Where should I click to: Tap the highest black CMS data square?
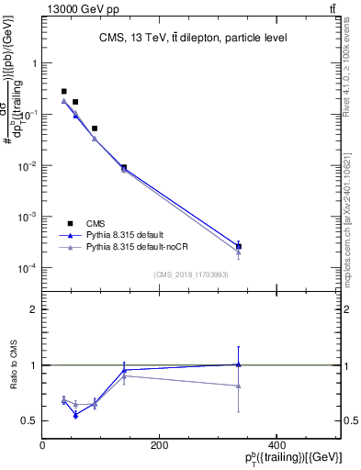click(63, 92)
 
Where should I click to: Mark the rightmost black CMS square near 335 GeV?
click(239, 246)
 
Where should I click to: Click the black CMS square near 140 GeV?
click(124, 167)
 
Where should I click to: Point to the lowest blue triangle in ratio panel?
click(75, 415)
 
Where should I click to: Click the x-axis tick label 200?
click(159, 445)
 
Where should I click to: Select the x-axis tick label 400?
click(276, 445)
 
